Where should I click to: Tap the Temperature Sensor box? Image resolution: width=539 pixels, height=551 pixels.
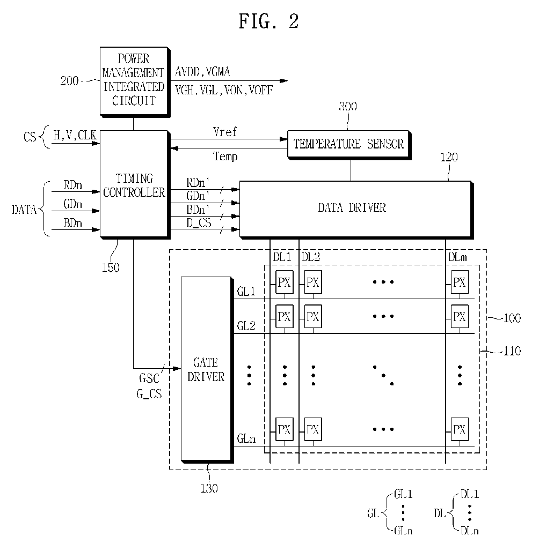[349, 144]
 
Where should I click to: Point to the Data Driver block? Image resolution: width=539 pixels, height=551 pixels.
[355, 210]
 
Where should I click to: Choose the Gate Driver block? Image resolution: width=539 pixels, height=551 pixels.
[207, 369]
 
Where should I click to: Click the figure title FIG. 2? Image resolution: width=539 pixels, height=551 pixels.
[269, 21]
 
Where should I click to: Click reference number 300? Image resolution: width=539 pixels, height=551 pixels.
[348, 107]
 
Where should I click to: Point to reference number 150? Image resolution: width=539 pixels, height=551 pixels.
[111, 268]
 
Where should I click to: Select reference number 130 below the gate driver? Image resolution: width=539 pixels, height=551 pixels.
[209, 488]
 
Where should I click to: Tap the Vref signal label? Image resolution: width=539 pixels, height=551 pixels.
[225, 132]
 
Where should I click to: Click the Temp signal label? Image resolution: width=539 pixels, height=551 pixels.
[225, 156]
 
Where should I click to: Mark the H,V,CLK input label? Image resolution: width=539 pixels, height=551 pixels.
[75, 135]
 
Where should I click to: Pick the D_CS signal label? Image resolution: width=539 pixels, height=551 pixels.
[199, 223]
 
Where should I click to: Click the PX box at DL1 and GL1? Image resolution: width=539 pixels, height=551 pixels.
[284, 282]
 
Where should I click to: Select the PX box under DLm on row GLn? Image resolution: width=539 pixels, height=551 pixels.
[460, 429]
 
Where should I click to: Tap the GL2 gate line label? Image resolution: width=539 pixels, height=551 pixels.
[246, 326]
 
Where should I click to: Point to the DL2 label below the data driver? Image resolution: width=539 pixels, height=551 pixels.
[311, 257]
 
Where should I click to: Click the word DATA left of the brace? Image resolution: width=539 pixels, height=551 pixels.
[24, 210]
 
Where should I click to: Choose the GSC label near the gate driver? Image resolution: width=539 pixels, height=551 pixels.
[149, 378]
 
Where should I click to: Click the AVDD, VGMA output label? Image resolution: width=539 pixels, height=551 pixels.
[202, 72]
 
